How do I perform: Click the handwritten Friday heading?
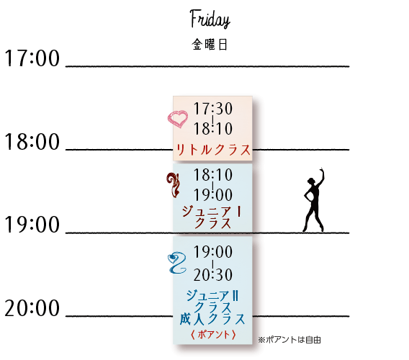pyautogui.click(x=210, y=19)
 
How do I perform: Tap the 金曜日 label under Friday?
pyautogui.click(x=210, y=45)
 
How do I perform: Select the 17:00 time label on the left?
pyautogui.click(x=32, y=58)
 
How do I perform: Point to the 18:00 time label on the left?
pyautogui.click(x=32, y=142)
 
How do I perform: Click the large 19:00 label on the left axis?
pyautogui.click(x=32, y=225)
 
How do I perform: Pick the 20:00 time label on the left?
pyautogui.click(x=32, y=308)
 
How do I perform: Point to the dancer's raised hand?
pyautogui.click(x=322, y=170)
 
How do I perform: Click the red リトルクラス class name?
pyautogui.click(x=213, y=150)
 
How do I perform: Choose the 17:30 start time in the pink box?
pyautogui.click(x=213, y=109)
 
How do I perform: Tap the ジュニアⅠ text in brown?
pyautogui.click(x=211, y=211)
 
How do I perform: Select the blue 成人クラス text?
pyautogui.click(x=212, y=319)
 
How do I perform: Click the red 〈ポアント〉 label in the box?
pyautogui.click(x=213, y=335)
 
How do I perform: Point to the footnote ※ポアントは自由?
pyautogui.click(x=289, y=340)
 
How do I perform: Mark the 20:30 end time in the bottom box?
pyautogui.click(x=213, y=275)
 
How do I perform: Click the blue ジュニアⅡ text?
pyautogui.click(x=212, y=296)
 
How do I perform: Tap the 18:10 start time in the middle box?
pyautogui.click(x=213, y=175)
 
